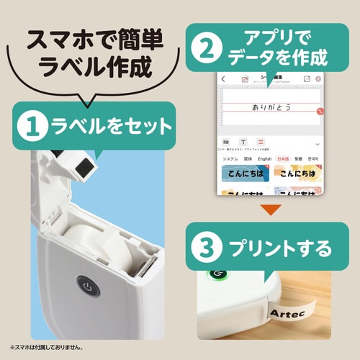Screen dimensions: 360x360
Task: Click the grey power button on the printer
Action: pos(86,287)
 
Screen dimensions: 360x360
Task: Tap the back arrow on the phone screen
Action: pos(222,78)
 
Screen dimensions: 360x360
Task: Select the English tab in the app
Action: pos(264,158)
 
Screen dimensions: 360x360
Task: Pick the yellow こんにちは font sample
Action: pos(297,174)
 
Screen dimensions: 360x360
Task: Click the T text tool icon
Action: pos(243,142)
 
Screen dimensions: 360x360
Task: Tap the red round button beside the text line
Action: pos(320,112)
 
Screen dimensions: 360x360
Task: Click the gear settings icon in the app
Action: pos(318,78)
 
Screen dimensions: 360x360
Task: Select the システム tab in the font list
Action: pos(230,158)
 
